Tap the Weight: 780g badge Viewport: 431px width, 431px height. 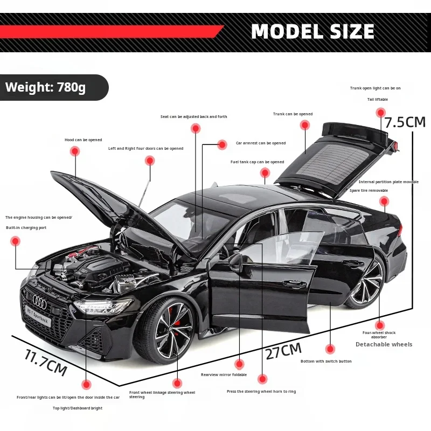[46, 87]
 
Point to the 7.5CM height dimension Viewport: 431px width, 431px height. [405, 122]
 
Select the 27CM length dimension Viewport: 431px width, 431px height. [283, 351]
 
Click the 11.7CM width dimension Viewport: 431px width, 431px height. [46, 362]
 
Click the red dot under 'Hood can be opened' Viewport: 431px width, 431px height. [74, 151]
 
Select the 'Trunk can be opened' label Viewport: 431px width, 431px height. [293, 114]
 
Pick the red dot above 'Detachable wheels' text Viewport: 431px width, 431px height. [380, 325]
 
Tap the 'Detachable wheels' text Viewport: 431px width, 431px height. [384, 344]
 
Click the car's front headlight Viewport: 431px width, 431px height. [102, 307]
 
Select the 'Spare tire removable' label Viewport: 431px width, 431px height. [369, 190]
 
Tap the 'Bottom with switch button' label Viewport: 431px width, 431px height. [326, 361]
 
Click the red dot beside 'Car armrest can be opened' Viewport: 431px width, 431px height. [222, 144]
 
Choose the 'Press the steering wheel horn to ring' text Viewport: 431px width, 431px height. [261, 392]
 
